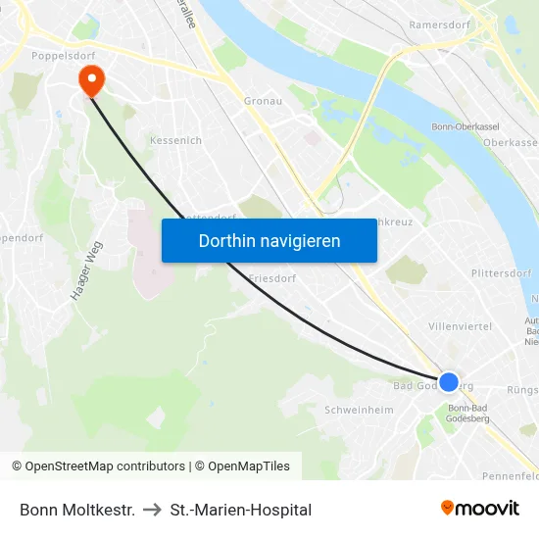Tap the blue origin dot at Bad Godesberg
449,382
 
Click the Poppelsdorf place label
61,57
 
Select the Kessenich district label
175,140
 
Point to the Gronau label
263,100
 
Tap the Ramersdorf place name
440,24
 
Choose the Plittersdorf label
499,273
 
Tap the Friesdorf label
272,278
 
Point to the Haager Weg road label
86,271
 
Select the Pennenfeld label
511,475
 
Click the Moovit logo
479,509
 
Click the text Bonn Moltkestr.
77,510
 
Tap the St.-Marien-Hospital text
241,510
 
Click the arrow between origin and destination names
153,510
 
